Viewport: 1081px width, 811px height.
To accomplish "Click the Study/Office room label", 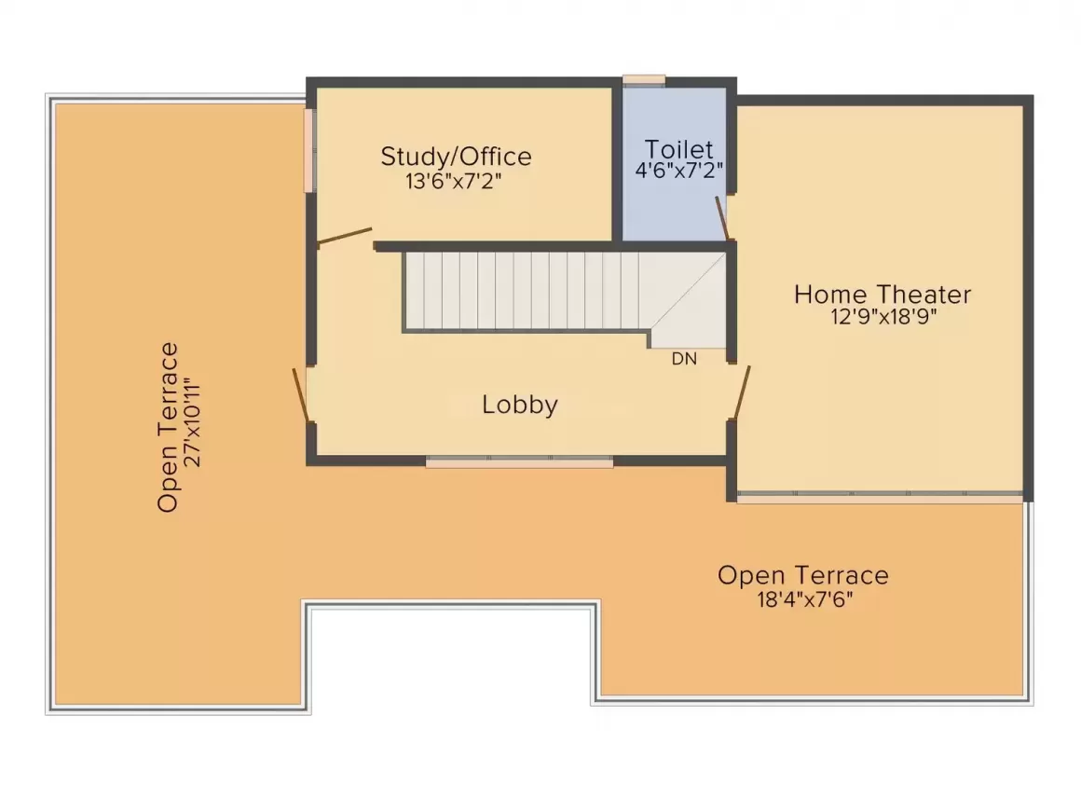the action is tap(457, 157).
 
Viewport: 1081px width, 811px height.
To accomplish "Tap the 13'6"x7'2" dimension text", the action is tap(453, 182).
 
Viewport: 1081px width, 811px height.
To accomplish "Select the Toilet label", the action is tap(679, 149).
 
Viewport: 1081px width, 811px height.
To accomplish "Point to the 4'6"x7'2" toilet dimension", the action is tap(679, 170).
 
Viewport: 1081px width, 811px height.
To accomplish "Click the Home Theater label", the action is tap(883, 295).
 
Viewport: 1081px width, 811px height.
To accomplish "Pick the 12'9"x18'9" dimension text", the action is tap(883, 317).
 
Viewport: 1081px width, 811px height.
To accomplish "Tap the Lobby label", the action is tap(520, 405).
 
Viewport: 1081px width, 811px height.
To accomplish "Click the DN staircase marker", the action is tap(684, 359).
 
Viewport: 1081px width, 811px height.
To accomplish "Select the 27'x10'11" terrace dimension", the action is tap(192, 422).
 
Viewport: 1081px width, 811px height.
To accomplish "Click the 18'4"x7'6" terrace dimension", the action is tap(804, 598).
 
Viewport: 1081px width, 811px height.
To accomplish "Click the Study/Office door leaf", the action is tap(344, 236).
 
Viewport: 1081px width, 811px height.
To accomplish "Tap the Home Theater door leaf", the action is tap(742, 392).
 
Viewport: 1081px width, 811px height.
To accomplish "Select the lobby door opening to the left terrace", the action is tap(301, 394).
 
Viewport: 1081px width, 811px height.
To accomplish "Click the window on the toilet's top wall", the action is tap(644, 80).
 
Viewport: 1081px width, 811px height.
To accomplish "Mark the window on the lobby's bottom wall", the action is tap(519, 461).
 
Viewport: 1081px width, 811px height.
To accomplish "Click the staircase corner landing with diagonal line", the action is tap(689, 300).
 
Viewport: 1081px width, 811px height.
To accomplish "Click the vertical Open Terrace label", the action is tap(168, 428).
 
